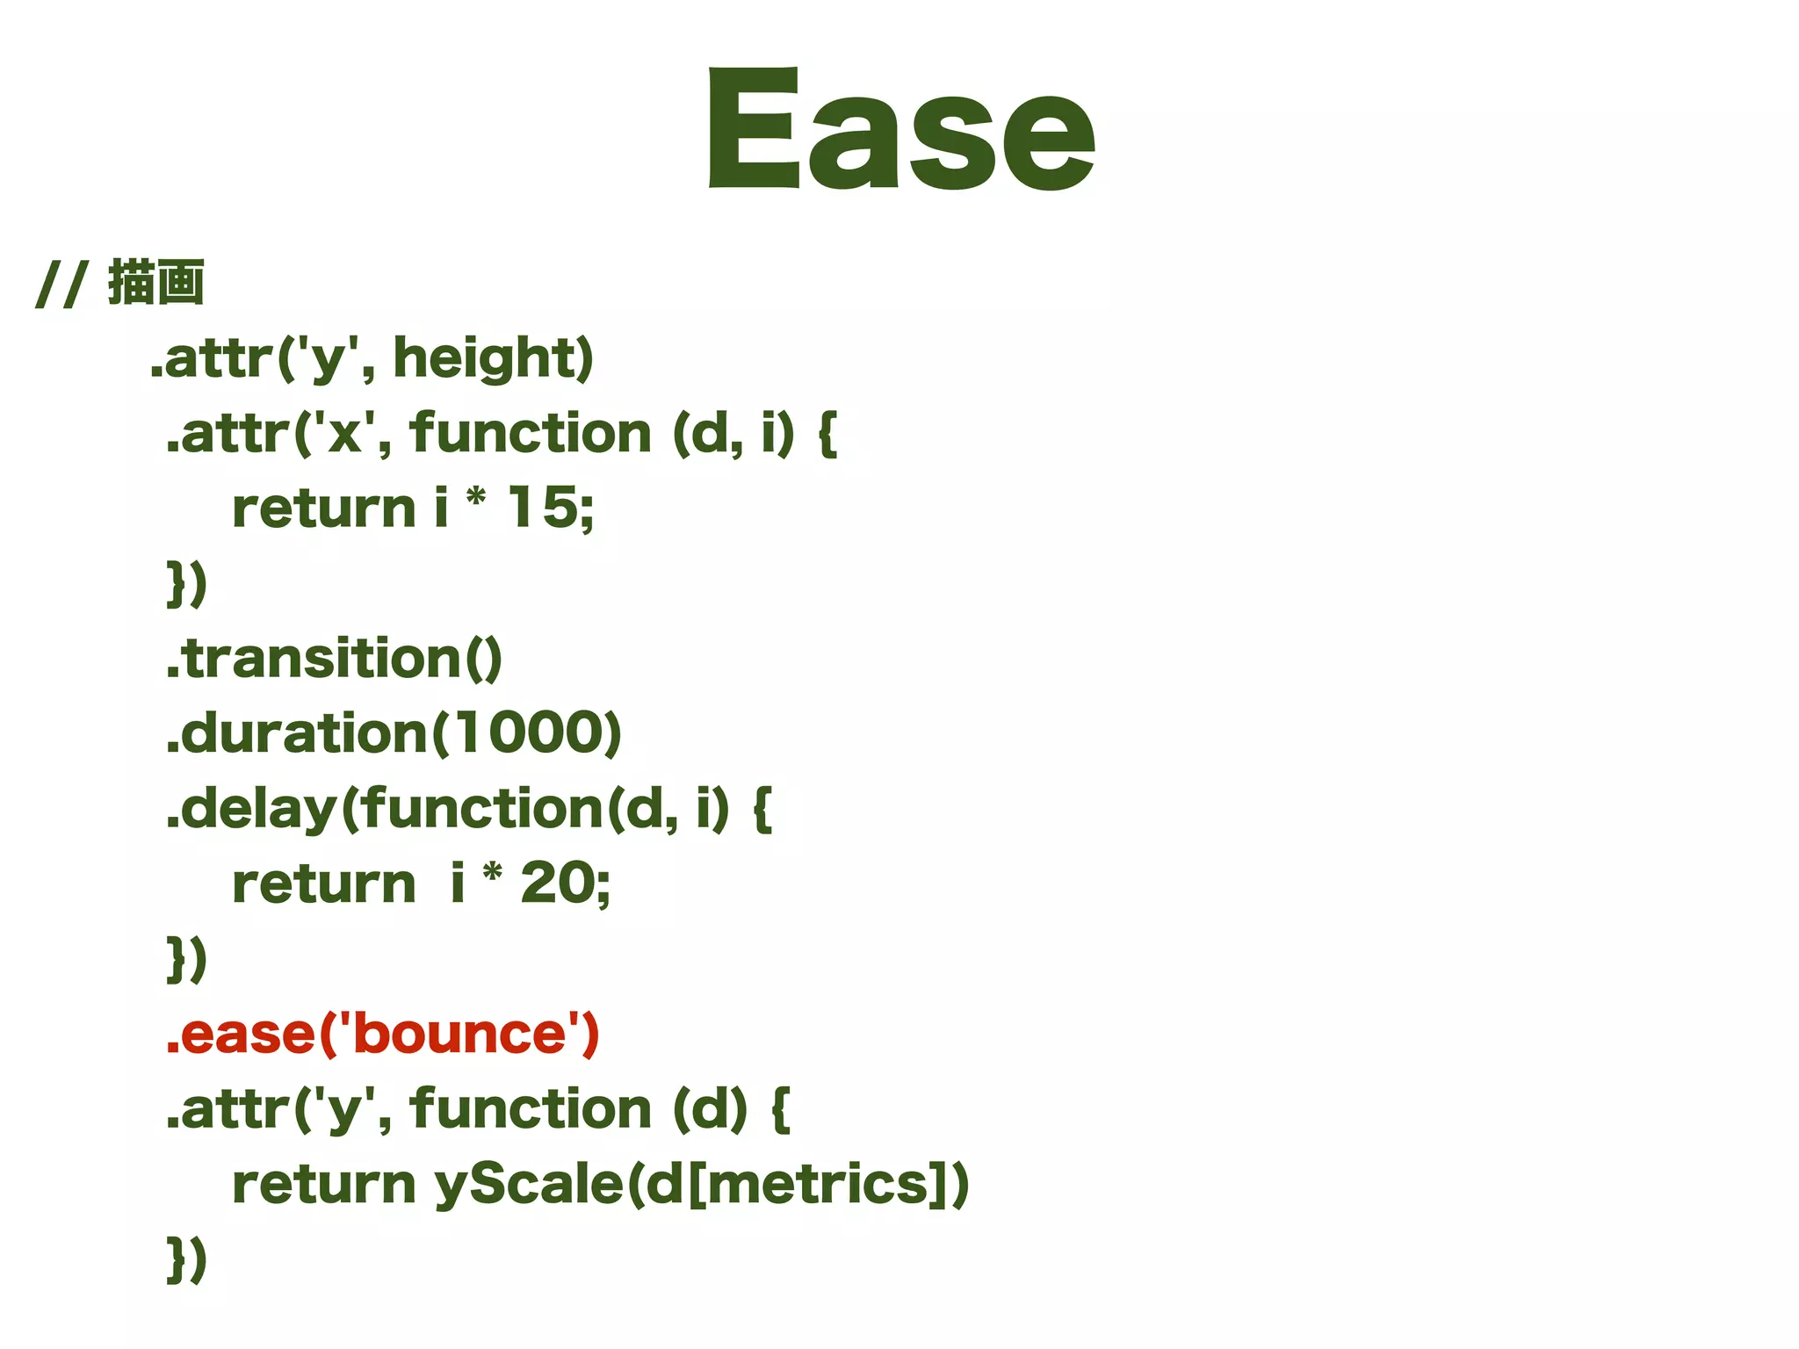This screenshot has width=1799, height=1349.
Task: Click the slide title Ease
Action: tap(901, 129)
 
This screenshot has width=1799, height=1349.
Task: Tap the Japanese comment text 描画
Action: tap(156, 283)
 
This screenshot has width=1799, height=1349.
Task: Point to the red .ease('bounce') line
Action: tap(382, 1034)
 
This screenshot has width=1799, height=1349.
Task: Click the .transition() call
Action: tap(334, 659)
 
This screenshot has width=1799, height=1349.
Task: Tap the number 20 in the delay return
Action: tap(556, 883)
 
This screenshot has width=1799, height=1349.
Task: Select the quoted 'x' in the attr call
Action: tap(344, 433)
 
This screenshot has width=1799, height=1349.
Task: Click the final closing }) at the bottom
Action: tap(187, 1259)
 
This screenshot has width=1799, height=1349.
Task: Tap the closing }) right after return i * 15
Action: tap(187, 583)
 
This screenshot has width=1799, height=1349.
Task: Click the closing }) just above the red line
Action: tap(187, 958)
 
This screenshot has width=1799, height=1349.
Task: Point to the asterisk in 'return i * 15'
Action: tap(475, 499)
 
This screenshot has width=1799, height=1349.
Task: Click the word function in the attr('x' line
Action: tap(530, 433)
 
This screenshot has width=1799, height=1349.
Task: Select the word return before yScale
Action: tap(323, 1184)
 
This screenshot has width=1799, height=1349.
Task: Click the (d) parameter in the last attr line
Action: tap(710, 1109)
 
